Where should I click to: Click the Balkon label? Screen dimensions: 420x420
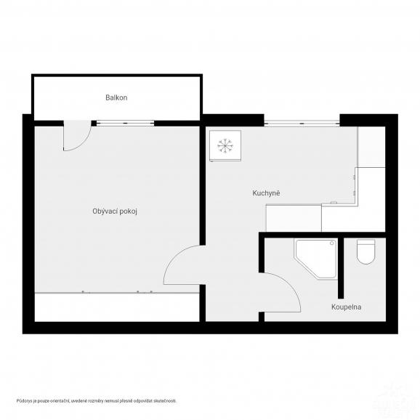(116, 97)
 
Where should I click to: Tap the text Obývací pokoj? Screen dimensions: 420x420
(116, 211)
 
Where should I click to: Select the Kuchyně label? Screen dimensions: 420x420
(266, 193)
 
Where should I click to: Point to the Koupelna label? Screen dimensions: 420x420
(347, 307)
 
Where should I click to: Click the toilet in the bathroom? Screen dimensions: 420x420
(366, 252)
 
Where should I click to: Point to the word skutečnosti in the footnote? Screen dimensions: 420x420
(163, 400)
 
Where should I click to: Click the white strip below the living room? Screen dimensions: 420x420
(116, 307)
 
